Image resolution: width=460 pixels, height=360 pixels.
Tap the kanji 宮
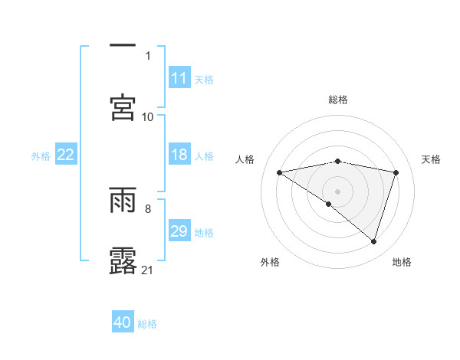tap(123, 106)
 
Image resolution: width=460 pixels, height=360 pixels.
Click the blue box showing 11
tap(179, 78)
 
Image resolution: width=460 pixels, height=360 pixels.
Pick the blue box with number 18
tap(179, 155)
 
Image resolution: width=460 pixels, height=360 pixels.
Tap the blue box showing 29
tap(179, 231)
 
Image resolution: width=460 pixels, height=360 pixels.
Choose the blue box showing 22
tap(66, 155)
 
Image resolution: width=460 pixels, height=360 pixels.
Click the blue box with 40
tap(123, 322)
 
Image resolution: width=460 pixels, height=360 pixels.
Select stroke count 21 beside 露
tap(148, 270)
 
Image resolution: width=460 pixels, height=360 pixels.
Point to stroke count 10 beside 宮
tap(148, 116)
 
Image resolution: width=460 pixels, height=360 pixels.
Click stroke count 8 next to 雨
tap(148, 207)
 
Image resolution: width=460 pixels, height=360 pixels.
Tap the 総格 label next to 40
tap(148, 323)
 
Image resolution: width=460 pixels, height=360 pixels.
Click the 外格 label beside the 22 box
tap(41, 155)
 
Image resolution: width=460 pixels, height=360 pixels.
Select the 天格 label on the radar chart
tap(431, 159)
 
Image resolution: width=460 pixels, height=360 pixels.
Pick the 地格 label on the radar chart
tap(402, 262)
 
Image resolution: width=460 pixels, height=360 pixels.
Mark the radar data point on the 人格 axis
tap(279, 172)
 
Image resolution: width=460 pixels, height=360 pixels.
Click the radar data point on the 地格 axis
tap(374, 241)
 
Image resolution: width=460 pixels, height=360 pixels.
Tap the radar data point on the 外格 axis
tap(329, 204)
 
